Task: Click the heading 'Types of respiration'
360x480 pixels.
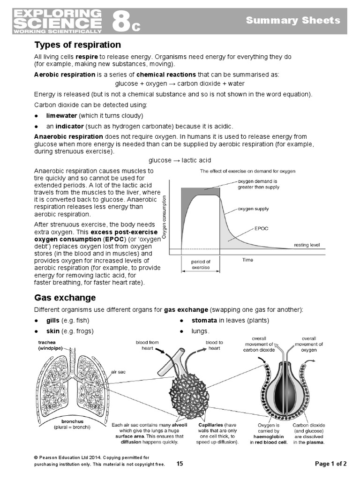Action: click(x=77, y=45)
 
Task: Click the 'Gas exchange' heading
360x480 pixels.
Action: click(x=65, y=298)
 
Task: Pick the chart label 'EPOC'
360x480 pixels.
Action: click(x=261, y=229)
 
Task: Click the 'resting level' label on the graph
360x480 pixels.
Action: click(x=307, y=245)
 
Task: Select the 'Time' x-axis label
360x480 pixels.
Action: click(x=247, y=259)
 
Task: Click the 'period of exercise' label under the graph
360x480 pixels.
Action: click(x=201, y=265)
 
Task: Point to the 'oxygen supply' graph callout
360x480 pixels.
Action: click(x=253, y=209)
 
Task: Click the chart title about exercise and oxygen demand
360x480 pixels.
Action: click(x=247, y=172)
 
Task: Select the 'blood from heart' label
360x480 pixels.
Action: click(x=147, y=345)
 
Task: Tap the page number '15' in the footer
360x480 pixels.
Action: click(x=180, y=464)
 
